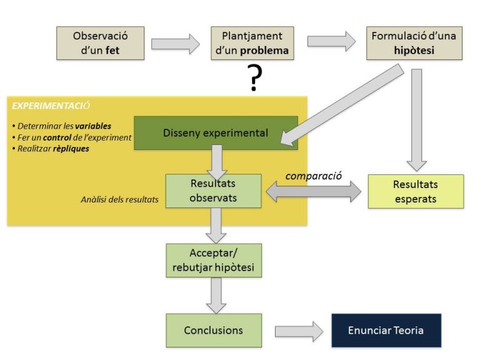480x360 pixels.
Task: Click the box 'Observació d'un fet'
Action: (100, 43)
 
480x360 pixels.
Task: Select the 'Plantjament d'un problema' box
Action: (252, 43)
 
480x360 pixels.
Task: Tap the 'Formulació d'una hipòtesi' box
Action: (414, 43)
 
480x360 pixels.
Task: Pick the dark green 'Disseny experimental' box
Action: (216, 132)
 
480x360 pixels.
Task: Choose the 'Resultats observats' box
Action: (213, 191)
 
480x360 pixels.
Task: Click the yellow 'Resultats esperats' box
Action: (416, 191)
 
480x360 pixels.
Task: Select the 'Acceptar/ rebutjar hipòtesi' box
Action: (213, 261)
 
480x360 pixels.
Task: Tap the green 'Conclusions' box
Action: (213, 330)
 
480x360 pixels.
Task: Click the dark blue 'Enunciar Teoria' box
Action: (386, 330)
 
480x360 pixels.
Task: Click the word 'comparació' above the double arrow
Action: (314, 176)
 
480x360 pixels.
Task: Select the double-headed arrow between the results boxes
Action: (314, 192)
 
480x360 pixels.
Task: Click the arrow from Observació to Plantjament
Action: (176, 44)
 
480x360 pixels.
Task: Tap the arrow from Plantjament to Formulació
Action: (331, 41)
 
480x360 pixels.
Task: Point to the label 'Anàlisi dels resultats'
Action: (118, 200)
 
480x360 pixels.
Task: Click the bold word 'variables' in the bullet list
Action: (93, 126)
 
